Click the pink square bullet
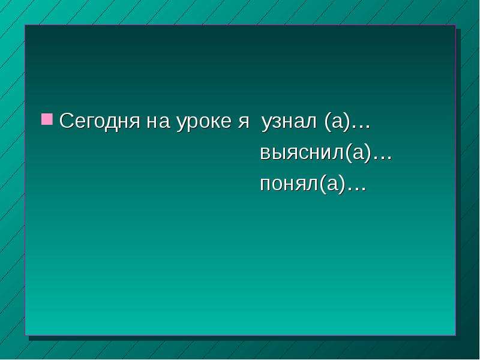click(47, 119)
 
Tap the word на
click(158, 122)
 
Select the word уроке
click(203, 123)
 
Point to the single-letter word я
click(244, 122)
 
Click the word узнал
click(289, 123)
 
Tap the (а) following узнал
click(337, 122)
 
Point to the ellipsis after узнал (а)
click(361, 127)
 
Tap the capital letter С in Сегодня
click(67, 121)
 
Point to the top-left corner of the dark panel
click(25, 25)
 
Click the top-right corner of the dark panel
click(455, 25)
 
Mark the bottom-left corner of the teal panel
click(25, 335)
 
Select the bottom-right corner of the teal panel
click(455, 335)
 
